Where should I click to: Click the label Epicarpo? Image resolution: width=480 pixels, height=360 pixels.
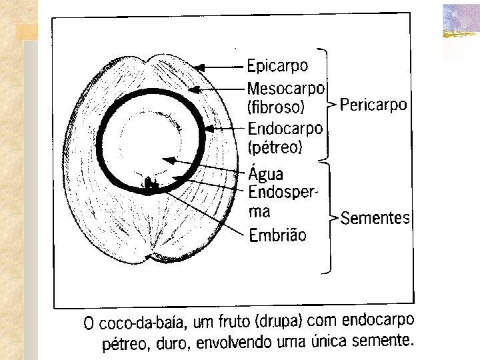point(277,66)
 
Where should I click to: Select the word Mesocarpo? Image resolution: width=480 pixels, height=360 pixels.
point(285,88)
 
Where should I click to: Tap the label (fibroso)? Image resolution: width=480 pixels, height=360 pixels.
point(275,107)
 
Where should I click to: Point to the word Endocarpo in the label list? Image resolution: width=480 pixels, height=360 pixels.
point(285,127)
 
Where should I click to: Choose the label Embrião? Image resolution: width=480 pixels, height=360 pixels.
point(277,235)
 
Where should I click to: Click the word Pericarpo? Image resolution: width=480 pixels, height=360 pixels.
point(373,105)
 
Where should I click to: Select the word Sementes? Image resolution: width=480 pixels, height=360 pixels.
point(375,219)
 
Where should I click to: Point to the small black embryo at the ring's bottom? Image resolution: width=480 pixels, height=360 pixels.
point(150,183)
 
